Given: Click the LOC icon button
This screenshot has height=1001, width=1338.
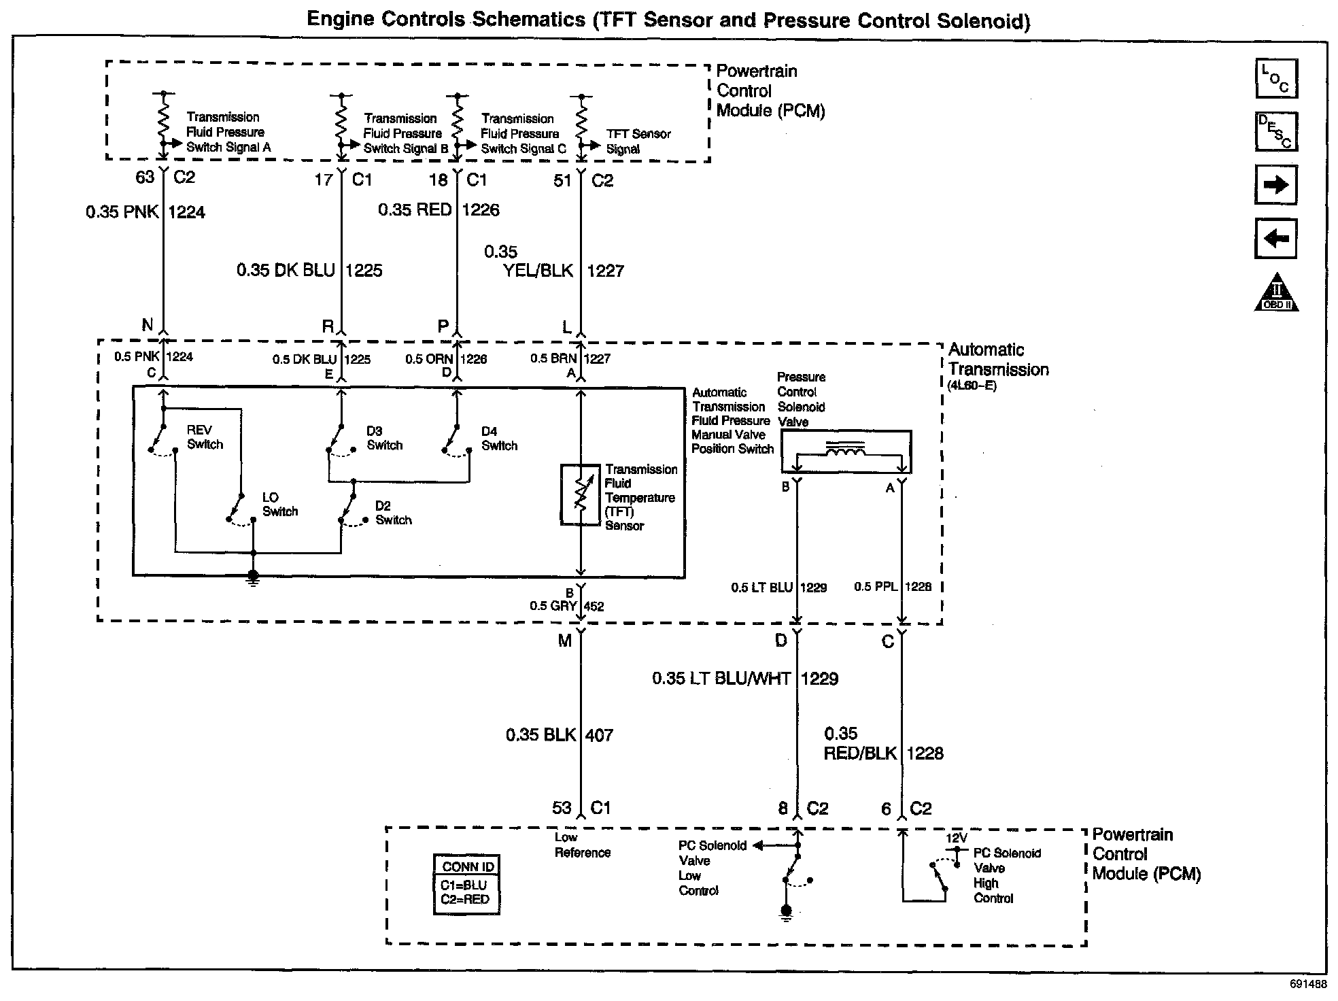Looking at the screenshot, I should (1276, 78).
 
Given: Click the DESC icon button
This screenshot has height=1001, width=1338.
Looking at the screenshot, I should (1276, 131).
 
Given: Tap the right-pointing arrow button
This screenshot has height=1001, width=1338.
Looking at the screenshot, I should (1275, 185).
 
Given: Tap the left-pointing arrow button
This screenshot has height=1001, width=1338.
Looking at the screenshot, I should (1275, 239).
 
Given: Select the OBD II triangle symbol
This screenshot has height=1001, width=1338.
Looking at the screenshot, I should (1276, 294).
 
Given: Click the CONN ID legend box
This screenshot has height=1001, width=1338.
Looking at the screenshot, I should (467, 883).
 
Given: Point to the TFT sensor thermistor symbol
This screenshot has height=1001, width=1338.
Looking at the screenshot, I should (580, 494).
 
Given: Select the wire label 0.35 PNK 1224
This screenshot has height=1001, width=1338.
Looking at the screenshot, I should (145, 212).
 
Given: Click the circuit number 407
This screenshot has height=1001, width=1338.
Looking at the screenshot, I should (599, 735).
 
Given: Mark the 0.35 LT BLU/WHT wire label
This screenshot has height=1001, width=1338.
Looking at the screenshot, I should (722, 679).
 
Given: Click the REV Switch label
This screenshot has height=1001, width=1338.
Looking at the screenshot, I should (205, 437).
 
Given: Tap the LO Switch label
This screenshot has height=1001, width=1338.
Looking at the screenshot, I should (279, 505).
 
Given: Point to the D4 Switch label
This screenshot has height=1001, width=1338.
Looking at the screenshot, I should (499, 439).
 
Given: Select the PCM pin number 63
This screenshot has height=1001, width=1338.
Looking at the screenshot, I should (145, 177).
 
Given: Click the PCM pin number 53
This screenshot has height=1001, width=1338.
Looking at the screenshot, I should (562, 808).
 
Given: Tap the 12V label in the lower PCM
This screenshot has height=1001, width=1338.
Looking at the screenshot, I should (956, 838).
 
